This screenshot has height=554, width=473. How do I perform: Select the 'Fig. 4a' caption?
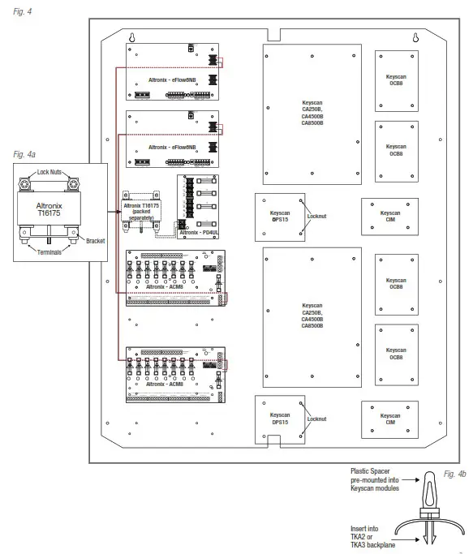(27, 153)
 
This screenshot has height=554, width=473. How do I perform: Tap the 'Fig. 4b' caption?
(455, 473)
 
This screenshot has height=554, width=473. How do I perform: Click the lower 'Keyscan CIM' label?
(389, 419)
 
